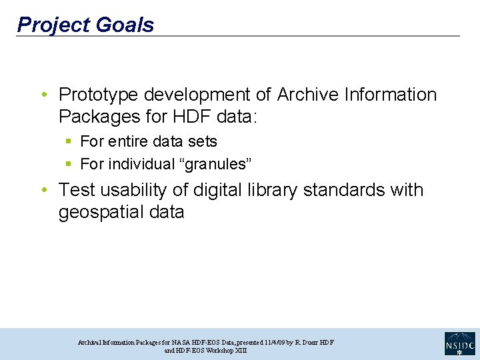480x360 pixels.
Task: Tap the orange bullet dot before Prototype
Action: click(44, 95)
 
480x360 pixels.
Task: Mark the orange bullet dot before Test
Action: click(44, 191)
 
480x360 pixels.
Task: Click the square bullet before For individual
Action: click(69, 164)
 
